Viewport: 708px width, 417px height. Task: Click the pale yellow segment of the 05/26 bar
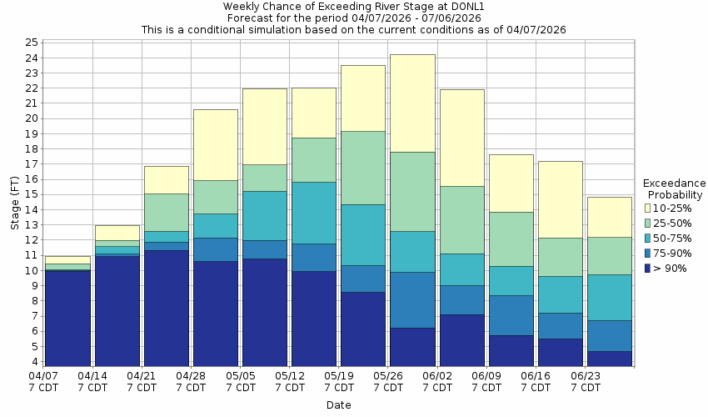(412, 103)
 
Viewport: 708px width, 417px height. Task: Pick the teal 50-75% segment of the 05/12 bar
(314, 213)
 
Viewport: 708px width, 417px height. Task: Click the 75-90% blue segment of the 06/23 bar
(609, 335)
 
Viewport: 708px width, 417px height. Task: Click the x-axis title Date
(338, 405)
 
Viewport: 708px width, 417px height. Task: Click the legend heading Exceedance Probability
(675, 188)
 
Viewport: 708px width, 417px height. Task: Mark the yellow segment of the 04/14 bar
(117, 233)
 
